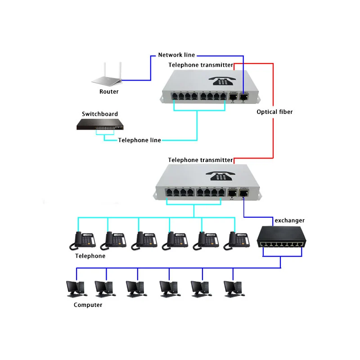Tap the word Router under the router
109,92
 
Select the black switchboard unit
99,124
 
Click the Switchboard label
100,114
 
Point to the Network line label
176,55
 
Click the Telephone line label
139,140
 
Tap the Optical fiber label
274,112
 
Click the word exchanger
289,220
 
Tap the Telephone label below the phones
90,256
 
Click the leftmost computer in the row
76,288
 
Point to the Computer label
88,305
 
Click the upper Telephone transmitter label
201,65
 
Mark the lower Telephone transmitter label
200,160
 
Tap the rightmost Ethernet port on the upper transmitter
244,96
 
